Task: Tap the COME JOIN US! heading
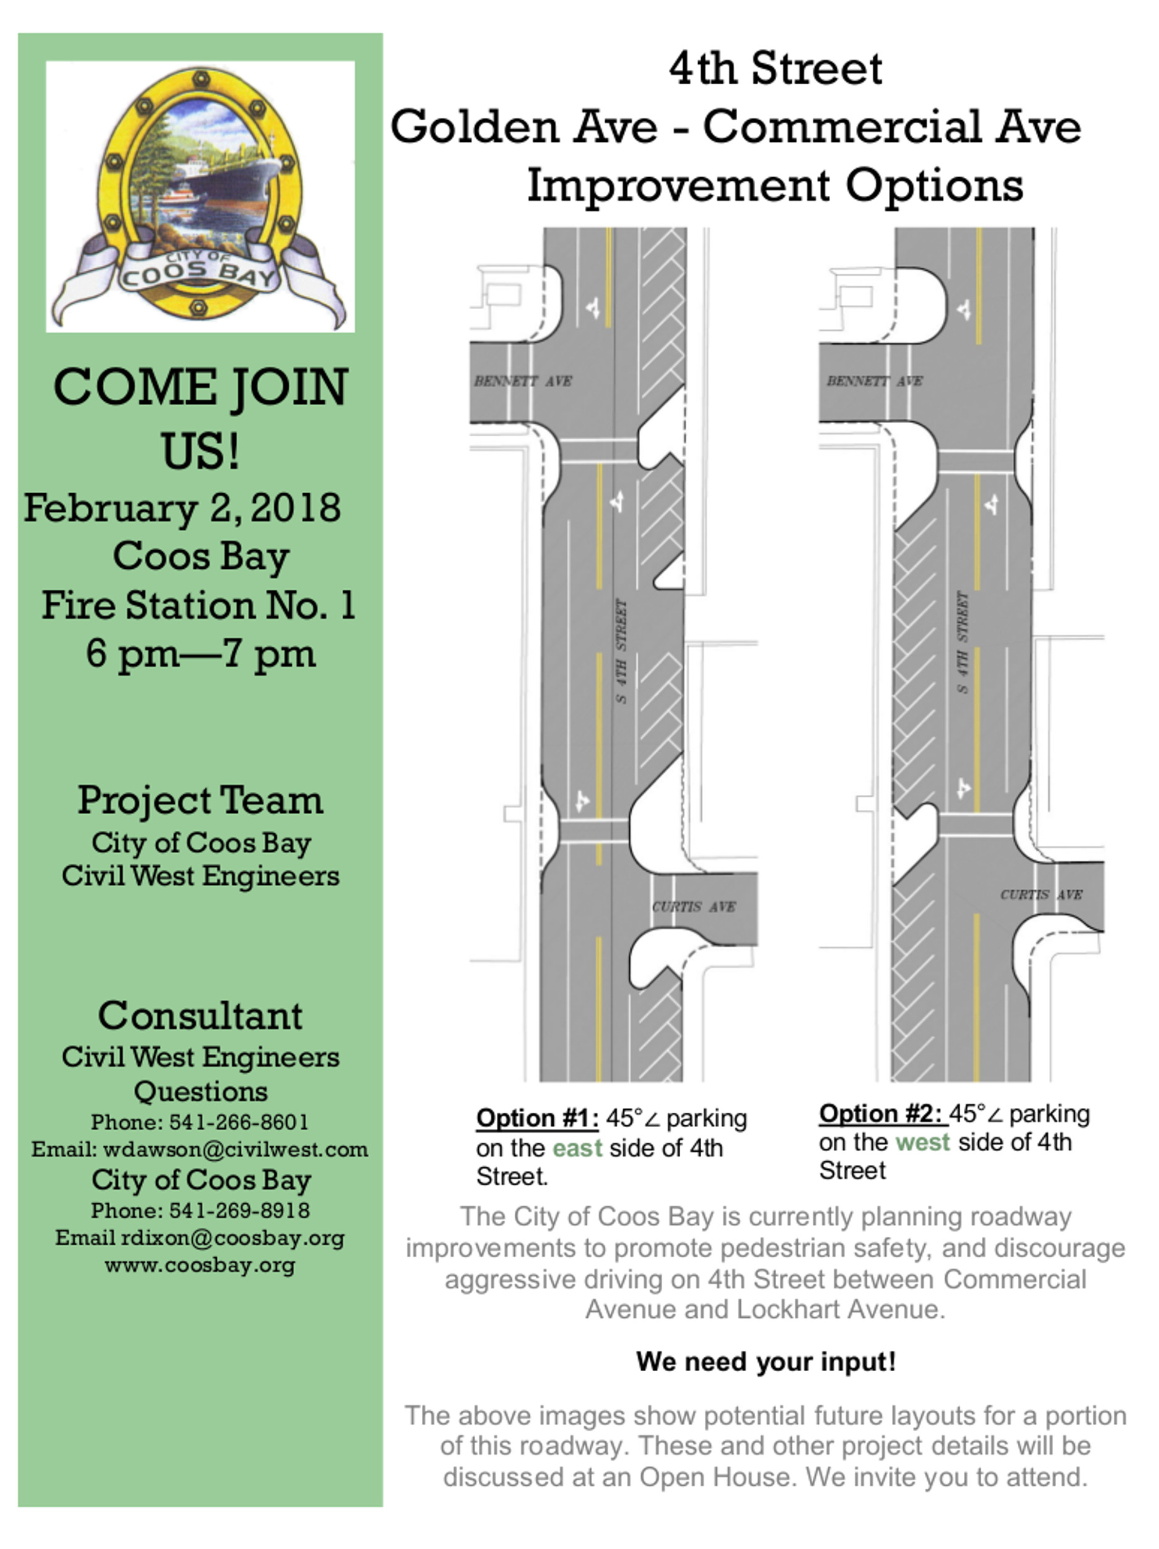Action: click(x=200, y=418)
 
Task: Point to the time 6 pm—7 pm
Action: click(x=200, y=654)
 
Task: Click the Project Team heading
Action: click(x=200, y=800)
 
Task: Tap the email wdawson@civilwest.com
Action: click(x=235, y=1149)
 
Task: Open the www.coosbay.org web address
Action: click(x=200, y=1265)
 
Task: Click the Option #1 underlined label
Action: click(x=537, y=1118)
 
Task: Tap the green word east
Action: click(x=577, y=1149)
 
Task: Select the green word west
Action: click(x=922, y=1142)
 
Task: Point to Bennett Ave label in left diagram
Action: click(x=523, y=381)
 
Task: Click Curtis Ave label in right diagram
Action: click(x=1041, y=894)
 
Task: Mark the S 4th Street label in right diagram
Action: click(x=963, y=643)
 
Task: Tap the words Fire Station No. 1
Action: click(x=199, y=605)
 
